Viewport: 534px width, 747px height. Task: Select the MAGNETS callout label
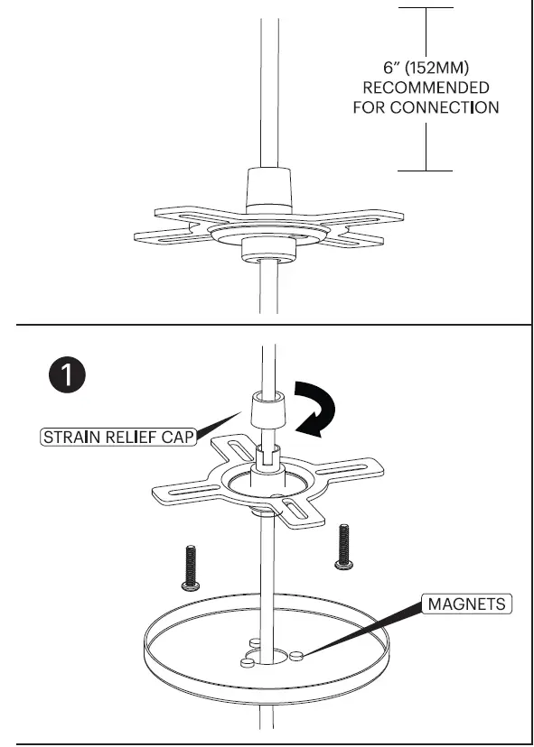click(466, 603)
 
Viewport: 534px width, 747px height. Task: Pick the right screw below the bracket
click(343, 546)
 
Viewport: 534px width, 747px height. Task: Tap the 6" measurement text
click(394, 68)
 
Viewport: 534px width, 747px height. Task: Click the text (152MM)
click(446, 68)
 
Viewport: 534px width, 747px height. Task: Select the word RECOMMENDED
click(426, 88)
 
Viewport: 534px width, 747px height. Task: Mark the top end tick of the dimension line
click(426, 8)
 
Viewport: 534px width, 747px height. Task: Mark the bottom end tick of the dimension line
click(426, 169)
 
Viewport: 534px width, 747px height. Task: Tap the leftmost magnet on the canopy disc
click(246, 663)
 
